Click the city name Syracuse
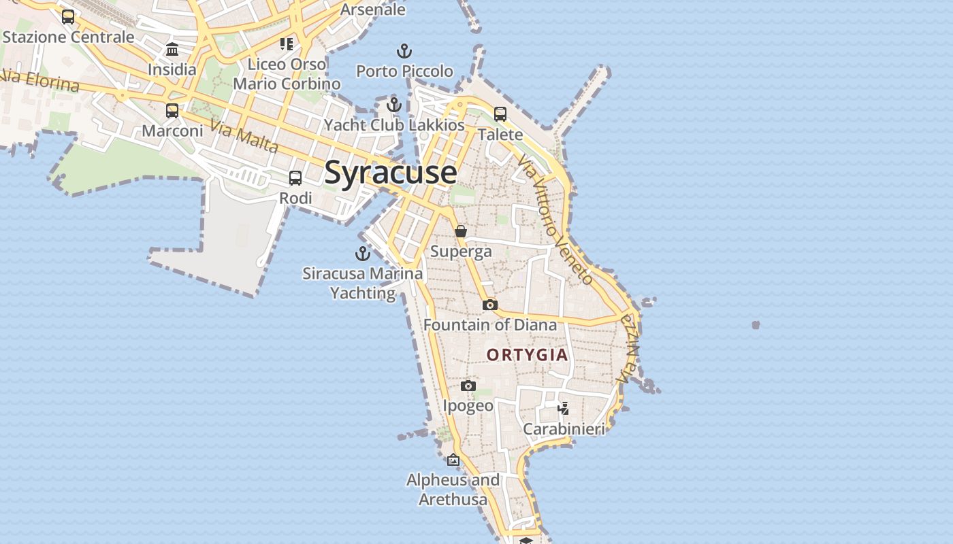[390, 173]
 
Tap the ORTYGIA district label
[527, 355]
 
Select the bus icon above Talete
[500, 114]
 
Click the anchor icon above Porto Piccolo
[404, 51]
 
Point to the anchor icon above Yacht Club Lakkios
[394, 105]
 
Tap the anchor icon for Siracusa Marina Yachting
[363, 254]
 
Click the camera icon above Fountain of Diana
[490, 305]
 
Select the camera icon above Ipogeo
[468, 386]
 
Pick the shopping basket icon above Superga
[461, 231]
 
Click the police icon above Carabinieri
[564, 408]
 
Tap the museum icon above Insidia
[172, 49]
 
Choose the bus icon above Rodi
[295, 178]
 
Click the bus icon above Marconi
[172, 110]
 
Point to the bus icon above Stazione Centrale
[68, 17]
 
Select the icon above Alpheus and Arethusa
[453, 460]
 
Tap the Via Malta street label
[244, 136]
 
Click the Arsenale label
[372, 10]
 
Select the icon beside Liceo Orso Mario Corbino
[287, 44]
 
